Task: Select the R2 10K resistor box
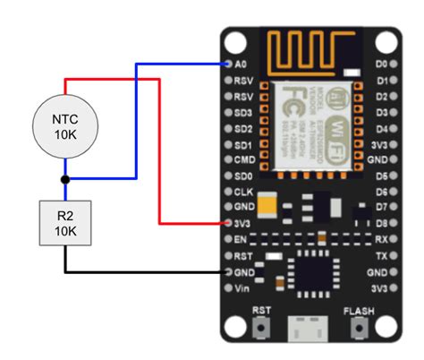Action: click(64, 223)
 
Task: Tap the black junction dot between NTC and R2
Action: click(65, 179)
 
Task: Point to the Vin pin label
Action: click(242, 287)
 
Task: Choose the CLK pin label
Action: click(241, 192)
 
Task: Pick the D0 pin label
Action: click(381, 64)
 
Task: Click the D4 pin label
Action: click(381, 128)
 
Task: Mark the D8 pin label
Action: click(381, 223)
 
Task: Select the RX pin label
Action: click(381, 240)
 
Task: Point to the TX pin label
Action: click(381, 255)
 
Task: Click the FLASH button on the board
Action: click(359, 328)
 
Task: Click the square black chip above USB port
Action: click(311, 271)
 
